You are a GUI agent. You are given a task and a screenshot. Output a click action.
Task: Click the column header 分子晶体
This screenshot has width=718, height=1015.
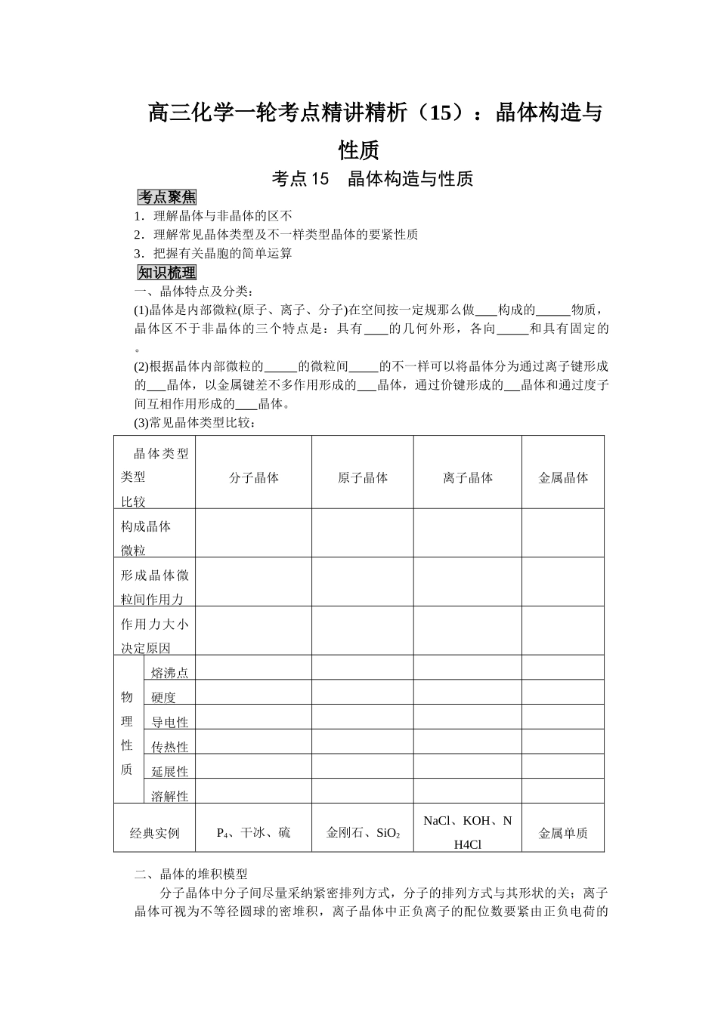[254, 477]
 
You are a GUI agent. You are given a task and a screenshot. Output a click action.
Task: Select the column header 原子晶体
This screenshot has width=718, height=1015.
[363, 477]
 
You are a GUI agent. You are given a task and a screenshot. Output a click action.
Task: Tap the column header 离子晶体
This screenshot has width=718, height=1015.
[468, 477]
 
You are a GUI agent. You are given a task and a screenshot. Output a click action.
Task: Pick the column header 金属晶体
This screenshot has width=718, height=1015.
[563, 477]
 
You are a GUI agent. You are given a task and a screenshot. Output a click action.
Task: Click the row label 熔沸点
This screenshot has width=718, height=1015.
[169, 673]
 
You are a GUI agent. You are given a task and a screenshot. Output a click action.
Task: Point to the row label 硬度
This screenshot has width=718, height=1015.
[163, 698]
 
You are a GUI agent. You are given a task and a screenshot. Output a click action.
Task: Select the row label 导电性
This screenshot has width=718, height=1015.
[169, 722]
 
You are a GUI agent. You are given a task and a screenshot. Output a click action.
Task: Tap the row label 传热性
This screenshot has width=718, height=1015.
[169, 747]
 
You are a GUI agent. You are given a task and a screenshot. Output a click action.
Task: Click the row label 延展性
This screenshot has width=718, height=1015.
[169, 771]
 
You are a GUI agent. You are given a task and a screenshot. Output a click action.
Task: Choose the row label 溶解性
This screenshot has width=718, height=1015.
[169, 795]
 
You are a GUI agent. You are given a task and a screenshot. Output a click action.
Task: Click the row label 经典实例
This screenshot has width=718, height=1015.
[155, 833]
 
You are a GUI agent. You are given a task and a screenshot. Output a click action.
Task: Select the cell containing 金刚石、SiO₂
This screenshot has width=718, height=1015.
[363, 833]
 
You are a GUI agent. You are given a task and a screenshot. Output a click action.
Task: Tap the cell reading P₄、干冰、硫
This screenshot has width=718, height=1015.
[253, 833]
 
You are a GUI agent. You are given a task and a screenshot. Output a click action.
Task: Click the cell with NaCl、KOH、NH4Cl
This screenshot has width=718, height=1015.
[468, 832]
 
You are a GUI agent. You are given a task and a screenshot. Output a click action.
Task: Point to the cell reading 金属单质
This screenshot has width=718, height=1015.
[563, 833]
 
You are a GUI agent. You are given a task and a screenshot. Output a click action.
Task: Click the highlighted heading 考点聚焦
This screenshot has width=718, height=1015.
[167, 197]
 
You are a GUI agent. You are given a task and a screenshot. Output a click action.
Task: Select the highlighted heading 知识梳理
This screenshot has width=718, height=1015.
[167, 273]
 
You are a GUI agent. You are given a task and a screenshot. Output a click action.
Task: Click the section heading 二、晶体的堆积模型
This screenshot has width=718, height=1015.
[191, 874]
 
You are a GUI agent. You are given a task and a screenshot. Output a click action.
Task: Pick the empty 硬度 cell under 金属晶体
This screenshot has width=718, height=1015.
[563, 692]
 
